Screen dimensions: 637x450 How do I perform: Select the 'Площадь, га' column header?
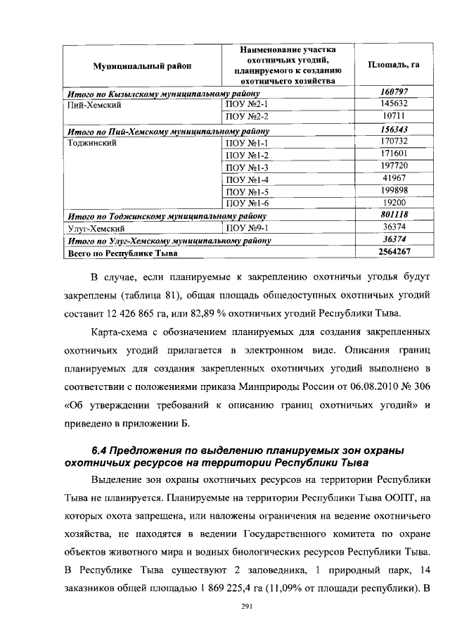click(x=394, y=65)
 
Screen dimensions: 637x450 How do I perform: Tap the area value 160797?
click(x=394, y=92)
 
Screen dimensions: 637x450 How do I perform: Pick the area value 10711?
click(x=394, y=115)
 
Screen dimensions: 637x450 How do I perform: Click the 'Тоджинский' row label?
click(x=94, y=141)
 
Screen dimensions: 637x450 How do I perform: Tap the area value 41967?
click(x=394, y=178)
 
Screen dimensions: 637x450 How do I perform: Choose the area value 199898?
click(x=394, y=191)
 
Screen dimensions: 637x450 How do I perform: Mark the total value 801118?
click(x=394, y=215)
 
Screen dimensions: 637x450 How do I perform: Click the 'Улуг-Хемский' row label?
click(x=97, y=228)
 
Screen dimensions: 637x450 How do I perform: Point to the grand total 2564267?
click(x=394, y=252)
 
